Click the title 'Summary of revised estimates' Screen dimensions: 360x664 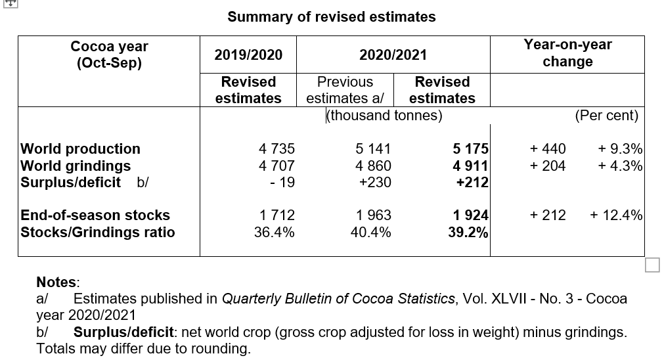click(331, 16)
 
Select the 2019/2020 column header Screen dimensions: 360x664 click(248, 55)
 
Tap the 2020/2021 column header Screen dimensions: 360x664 click(393, 55)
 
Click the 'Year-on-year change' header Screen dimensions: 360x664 click(567, 53)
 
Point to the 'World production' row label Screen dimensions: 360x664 click(81, 148)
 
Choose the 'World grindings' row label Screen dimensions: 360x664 click(76, 166)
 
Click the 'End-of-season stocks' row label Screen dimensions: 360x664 click(96, 215)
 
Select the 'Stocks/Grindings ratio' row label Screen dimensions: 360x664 click(98, 232)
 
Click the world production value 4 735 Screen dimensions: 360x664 click(277, 148)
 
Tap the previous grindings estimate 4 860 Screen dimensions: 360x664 click(373, 166)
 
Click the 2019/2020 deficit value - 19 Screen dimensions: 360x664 click(282, 183)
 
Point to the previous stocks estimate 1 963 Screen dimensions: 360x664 click(373, 215)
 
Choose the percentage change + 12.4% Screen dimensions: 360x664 click(616, 215)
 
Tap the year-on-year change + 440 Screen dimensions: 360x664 click(548, 148)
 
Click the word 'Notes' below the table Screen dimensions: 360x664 click(56, 282)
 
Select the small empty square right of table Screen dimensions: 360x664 click(652, 264)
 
